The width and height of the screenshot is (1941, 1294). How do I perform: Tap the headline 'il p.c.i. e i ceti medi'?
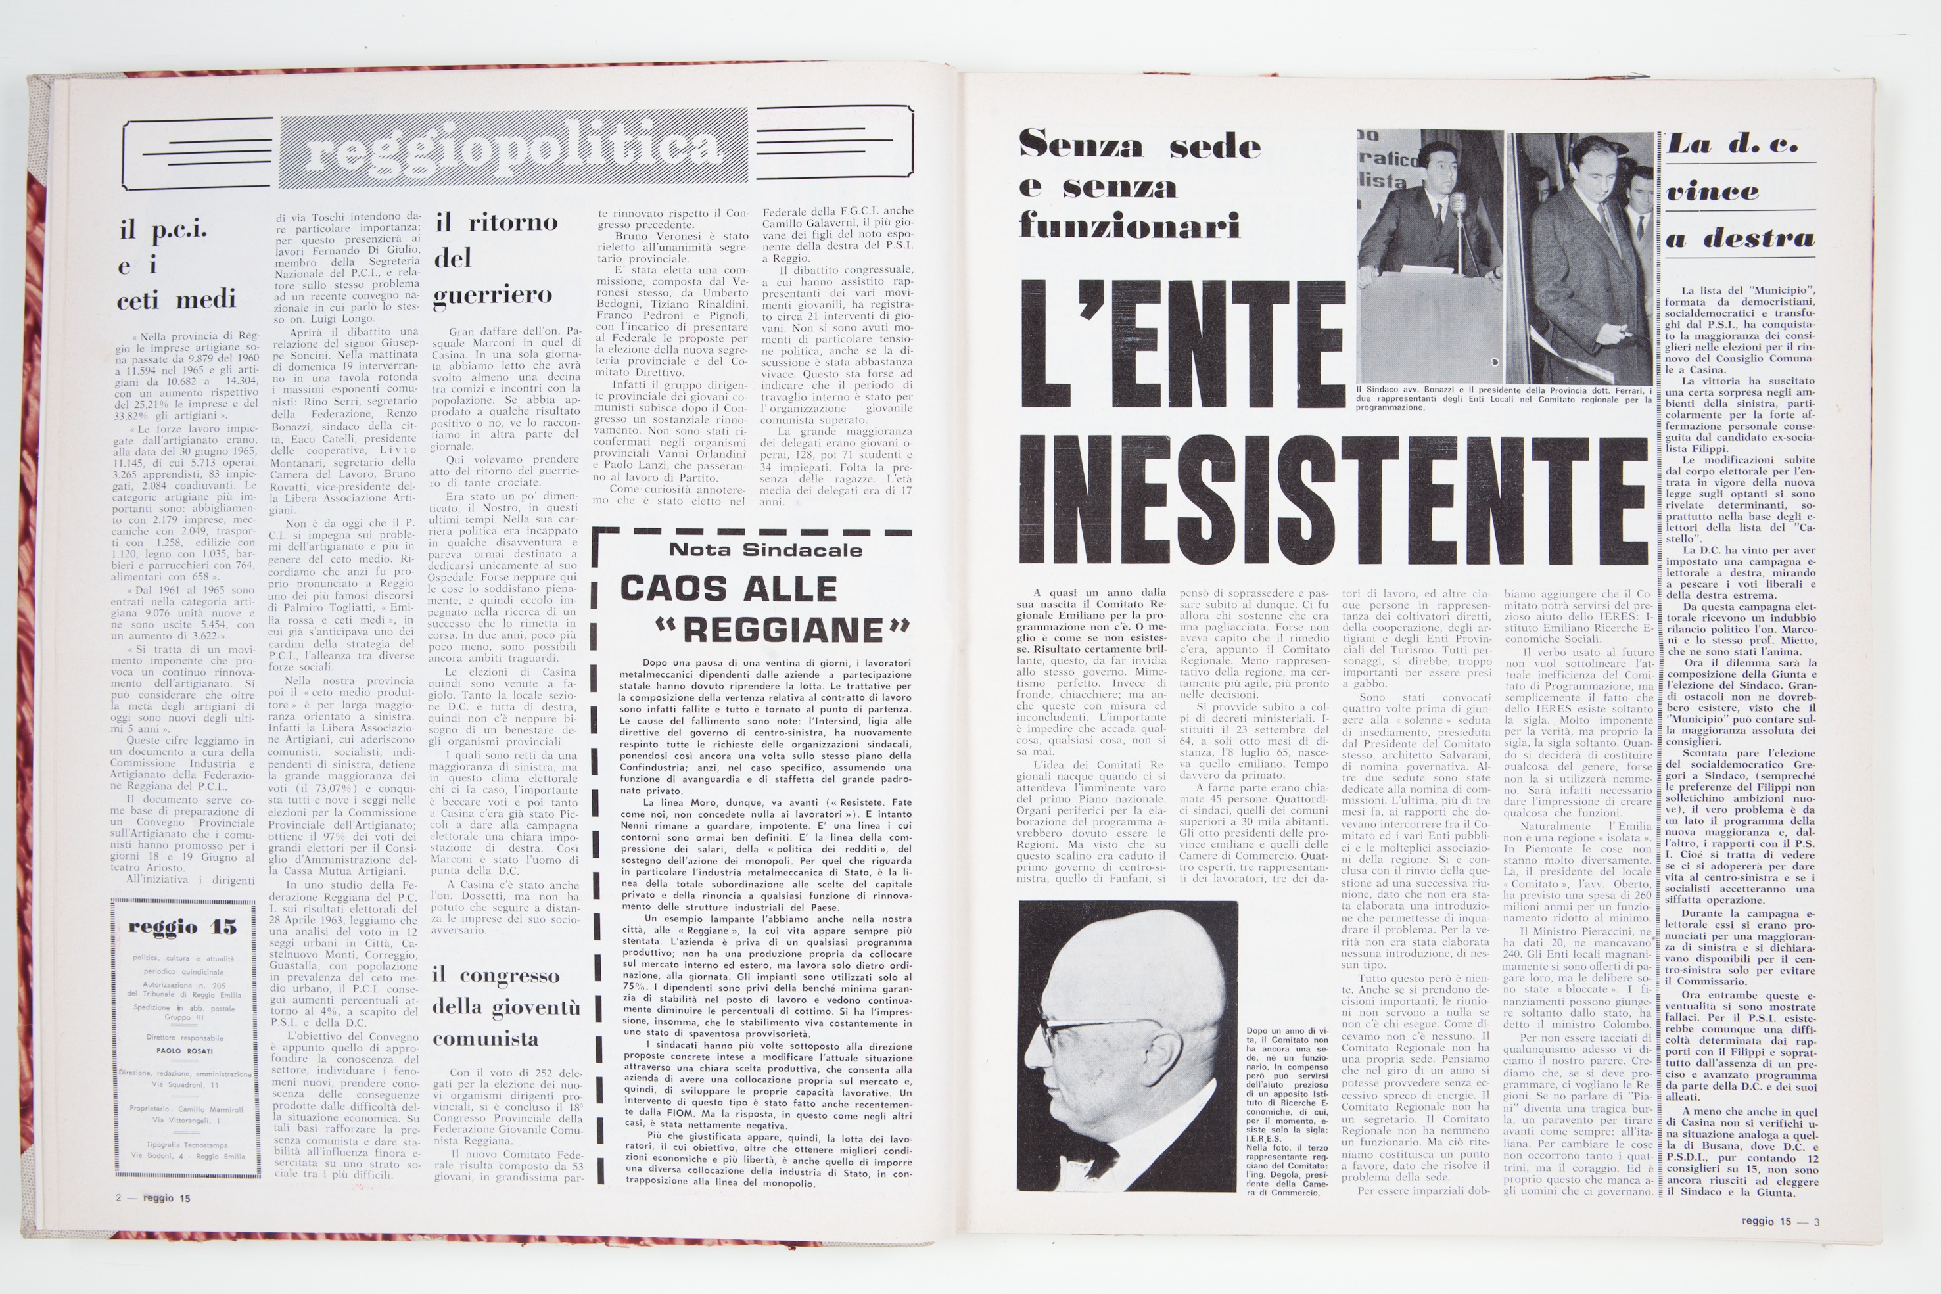(175, 264)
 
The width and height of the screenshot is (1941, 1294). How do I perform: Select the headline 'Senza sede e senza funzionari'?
(1139, 186)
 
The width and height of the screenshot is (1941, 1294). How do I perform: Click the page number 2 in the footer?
(119, 1197)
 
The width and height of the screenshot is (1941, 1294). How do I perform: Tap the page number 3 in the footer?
(1816, 1222)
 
